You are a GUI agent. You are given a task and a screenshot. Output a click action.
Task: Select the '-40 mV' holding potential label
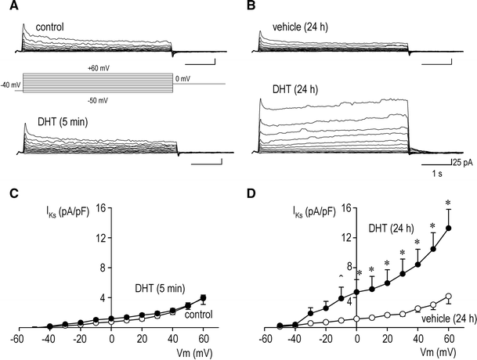tap(11, 85)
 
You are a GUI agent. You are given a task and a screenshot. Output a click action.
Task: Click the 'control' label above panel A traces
tap(51, 27)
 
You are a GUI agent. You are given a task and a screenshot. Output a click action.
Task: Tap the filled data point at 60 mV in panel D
tap(449, 229)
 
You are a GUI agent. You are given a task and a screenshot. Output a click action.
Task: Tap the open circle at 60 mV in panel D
tap(449, 297)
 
